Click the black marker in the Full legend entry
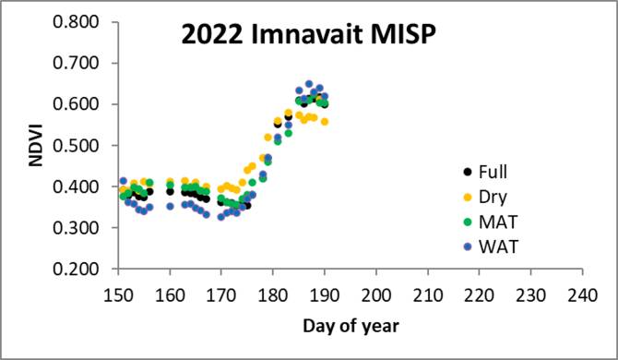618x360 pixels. (x=467, y=172)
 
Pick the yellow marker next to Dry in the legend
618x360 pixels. (x=467, y=198)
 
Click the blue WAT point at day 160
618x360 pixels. (x=170, y=206)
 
